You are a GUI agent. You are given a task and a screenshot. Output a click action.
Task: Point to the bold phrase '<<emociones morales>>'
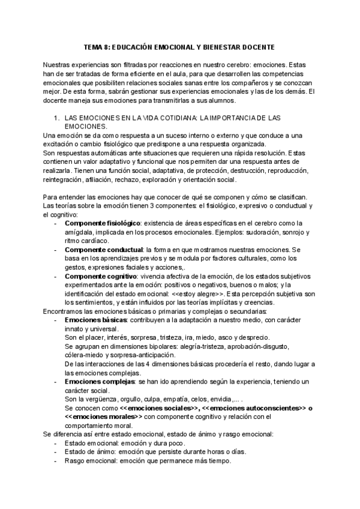(x=103, y=416)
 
